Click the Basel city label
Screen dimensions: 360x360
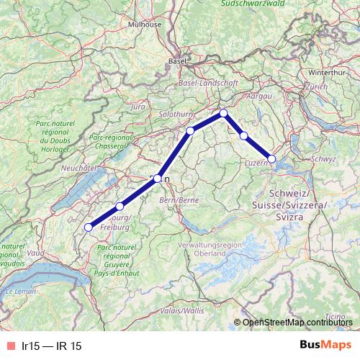point(176,62)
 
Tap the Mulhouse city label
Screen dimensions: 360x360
point(145,24)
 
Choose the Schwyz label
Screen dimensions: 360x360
point(324,158)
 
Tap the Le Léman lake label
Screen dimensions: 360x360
point(19,292)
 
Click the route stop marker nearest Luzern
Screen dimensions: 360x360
point(271,158)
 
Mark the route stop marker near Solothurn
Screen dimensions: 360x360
point(191,130)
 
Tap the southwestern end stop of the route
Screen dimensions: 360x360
point(89,228)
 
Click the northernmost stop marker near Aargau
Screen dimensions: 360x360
point(224,112)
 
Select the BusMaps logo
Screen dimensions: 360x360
point(325,346)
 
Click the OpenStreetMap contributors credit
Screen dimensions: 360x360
point(297,323)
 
